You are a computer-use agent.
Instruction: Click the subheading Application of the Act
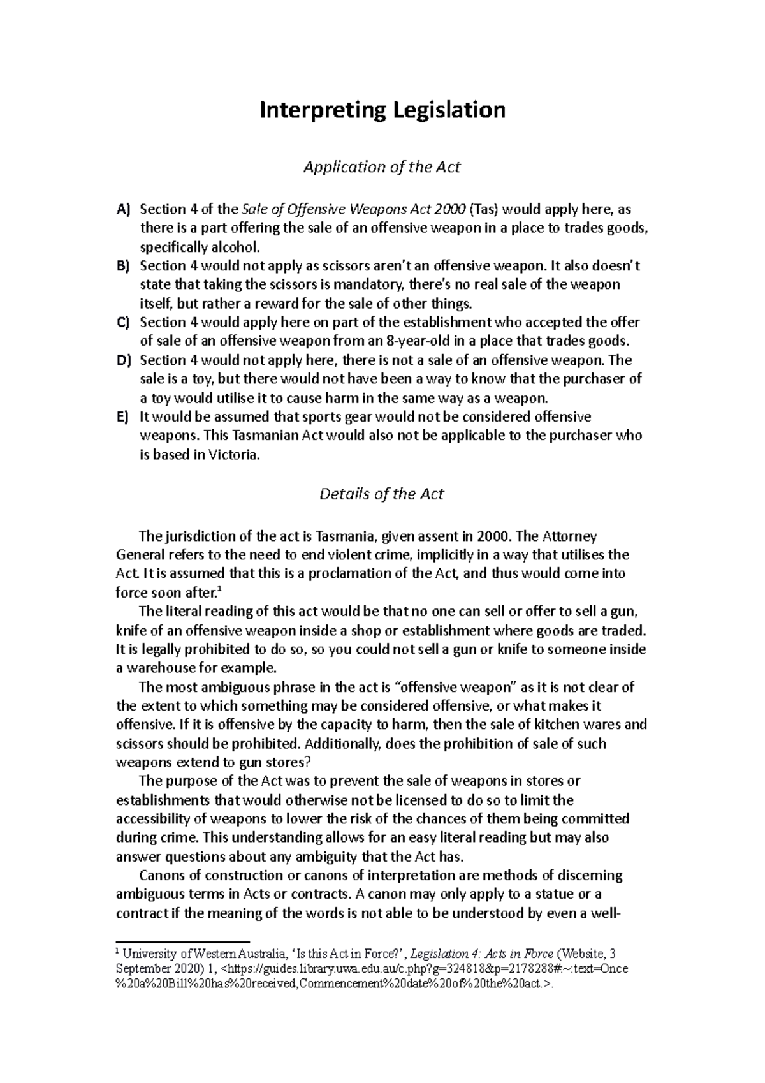[381, 167]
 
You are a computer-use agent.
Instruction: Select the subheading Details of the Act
[381, 494]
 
